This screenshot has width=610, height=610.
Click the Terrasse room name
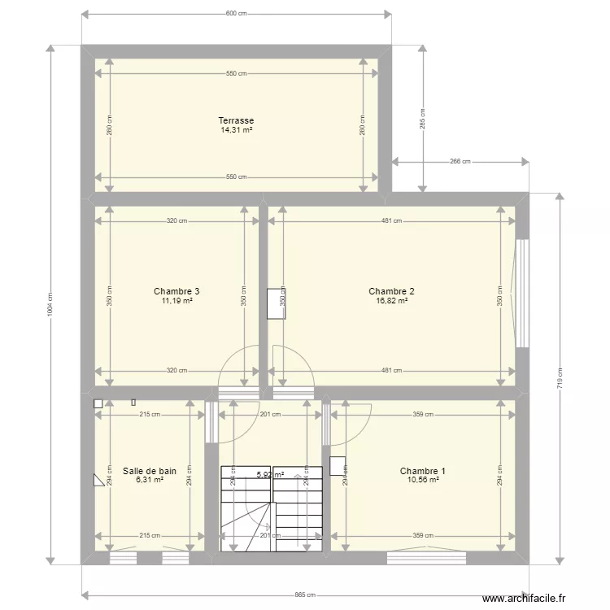(x=236, y=120)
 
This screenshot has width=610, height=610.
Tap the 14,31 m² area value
(x=236, y=129)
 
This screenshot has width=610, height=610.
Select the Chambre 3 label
(x=176, y=291)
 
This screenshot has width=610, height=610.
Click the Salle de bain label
(x=150, y=471)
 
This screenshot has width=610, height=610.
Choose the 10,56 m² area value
(x=422, y=480)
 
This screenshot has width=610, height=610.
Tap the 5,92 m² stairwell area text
(x=270, y=475)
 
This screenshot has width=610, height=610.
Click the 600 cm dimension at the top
(x=236, y=14)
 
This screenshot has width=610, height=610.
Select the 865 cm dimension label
(x=304, y=595)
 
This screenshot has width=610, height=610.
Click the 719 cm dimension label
(x=559, y=378)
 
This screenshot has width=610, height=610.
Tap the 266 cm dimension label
(x=460, y=162)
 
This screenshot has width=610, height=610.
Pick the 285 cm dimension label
(x=422, y=119)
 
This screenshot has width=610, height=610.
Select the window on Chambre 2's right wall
(x=522, y=293)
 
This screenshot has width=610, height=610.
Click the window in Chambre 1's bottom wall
(x=426, y=558)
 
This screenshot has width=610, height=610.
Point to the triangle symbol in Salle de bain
(x=100, y=480)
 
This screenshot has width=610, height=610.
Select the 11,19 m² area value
(x=176, y=300)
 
